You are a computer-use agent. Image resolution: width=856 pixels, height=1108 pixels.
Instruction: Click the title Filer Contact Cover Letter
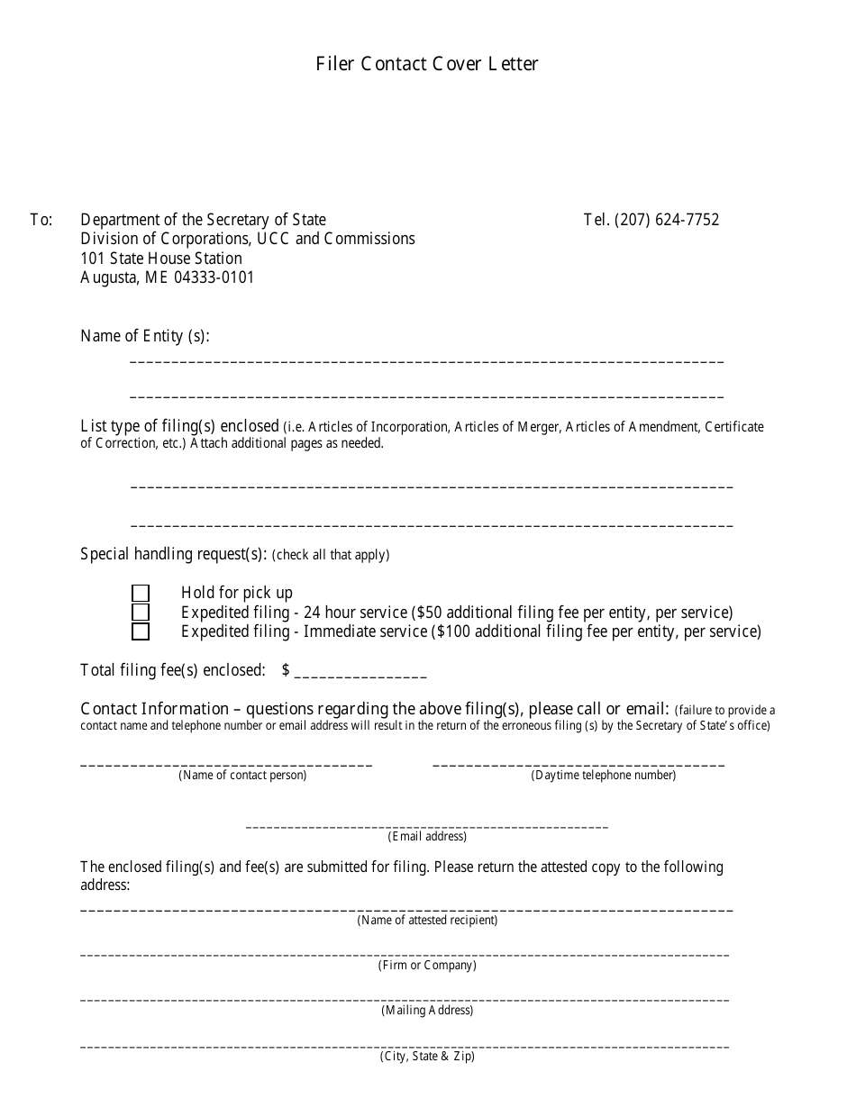pyautogui.click(x=427, y=64)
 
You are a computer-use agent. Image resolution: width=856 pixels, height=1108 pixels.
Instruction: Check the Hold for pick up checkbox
pyautogui.click(x=141, y=593)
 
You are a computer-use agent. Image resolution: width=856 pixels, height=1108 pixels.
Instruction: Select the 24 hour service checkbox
pyautogui.click(x=141, y=613)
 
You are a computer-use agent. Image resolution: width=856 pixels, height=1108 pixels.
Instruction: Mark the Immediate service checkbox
pyautogui.click(x=141, y=631)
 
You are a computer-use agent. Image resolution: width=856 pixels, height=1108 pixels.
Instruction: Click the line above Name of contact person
pyautogui.click(x=226, y=764)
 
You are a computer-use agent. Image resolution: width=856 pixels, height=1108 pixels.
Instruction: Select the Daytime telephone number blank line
pyautogui.click(x=578, y=764)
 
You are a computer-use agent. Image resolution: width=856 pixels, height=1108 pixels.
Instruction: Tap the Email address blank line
pyautogui.click(x=427, y=825)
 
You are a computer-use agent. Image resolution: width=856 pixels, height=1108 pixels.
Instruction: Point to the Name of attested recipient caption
pyautogui.click(x=427, y=921)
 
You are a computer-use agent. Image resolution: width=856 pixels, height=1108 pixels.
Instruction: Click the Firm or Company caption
pyautogui.click(x=427, y=966)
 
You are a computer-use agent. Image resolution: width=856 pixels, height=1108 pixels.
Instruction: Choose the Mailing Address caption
pyautogui.click(x=427, y=1011)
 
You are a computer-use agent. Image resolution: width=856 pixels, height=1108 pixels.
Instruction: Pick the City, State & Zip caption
pyautogui.click(x=427, y=1057)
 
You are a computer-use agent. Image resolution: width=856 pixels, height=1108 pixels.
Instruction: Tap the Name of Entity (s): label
pyautogui.click(x=145, y=336)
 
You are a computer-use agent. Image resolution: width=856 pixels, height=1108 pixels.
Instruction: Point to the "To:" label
pyautogui.click(x=41, y=220)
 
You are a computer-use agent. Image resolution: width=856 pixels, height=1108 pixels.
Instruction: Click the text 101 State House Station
pyautogui.click(x=161, y=259)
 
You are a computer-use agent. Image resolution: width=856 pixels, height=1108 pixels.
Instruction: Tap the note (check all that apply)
pyautogui.click(x=331, y=555)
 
